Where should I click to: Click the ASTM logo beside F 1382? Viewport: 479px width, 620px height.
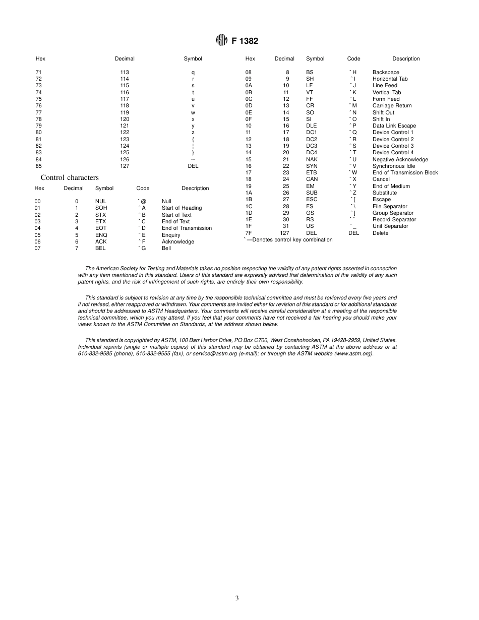tap(221, 41)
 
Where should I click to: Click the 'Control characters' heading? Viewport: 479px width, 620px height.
tap(70, 177)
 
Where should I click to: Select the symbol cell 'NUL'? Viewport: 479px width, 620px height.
tap(101, 201)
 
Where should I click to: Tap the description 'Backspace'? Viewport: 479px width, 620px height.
tap(386, 72)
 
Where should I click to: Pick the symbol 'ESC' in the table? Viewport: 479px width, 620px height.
tap(312, 200)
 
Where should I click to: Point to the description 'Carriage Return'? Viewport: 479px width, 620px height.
tap(392, 106)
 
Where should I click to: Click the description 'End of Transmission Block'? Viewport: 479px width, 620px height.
tap(405, 173)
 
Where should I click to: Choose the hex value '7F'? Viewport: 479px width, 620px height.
tap(249, 233)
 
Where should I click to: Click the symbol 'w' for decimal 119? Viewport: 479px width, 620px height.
tap(193, 112)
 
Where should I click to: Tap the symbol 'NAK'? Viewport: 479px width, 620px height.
tap(312, 159)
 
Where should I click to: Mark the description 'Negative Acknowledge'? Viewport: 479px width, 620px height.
tap(400, 159)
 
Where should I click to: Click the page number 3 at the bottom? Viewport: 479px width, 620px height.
tap(237, 598)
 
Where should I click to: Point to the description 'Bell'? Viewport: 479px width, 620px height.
tap(166, 248)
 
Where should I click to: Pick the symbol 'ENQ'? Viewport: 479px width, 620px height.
tap(101, 235)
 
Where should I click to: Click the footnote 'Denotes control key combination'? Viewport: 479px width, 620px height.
tap(289, 240)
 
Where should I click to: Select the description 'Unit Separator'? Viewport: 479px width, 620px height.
tap(390, 226)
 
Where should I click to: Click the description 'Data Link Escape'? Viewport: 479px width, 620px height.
tap(394, 126)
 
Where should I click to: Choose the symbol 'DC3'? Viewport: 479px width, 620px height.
tap(312, 146)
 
